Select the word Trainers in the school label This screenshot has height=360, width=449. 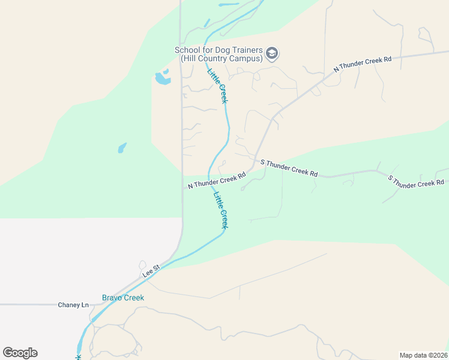coord(247,50)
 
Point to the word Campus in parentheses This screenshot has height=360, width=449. coord(246,59)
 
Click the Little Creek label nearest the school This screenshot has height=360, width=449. coord(218,86)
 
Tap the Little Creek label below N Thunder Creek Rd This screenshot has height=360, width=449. coord(221,209)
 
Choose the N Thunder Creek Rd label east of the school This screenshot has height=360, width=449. coord(363,63)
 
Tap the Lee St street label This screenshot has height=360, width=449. coord(151,271)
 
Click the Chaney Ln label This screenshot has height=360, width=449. coord(73,305)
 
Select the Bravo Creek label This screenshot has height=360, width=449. coord(123,298)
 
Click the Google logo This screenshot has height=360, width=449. coord(20,353)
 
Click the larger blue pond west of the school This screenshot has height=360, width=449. coord(162,79)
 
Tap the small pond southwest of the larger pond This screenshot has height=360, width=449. coord(122,148)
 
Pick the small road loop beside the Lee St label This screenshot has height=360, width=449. coord(142,265)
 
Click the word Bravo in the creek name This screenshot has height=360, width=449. coord(112,298)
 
